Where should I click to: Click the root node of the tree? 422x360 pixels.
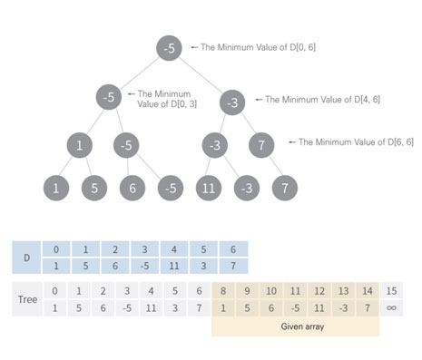click(170, 46)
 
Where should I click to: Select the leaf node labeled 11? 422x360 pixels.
click(208, 189)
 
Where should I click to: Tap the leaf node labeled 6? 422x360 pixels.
click(132, 189)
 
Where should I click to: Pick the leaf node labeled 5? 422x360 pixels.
click(93, 189)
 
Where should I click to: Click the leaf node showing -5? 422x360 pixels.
click(170, 189)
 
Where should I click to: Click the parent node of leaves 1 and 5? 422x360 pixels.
click(79, 144)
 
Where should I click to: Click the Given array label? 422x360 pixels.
click(295, 326)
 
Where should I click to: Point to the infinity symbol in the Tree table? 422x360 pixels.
click(391, 308)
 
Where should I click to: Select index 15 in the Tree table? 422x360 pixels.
click(391, 291)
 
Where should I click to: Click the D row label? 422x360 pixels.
click(26, 258)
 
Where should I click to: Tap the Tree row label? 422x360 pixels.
click(27, 299)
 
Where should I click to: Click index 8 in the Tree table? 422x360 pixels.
click(223, 291)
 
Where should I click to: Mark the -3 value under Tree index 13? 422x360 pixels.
click(343, 308)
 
